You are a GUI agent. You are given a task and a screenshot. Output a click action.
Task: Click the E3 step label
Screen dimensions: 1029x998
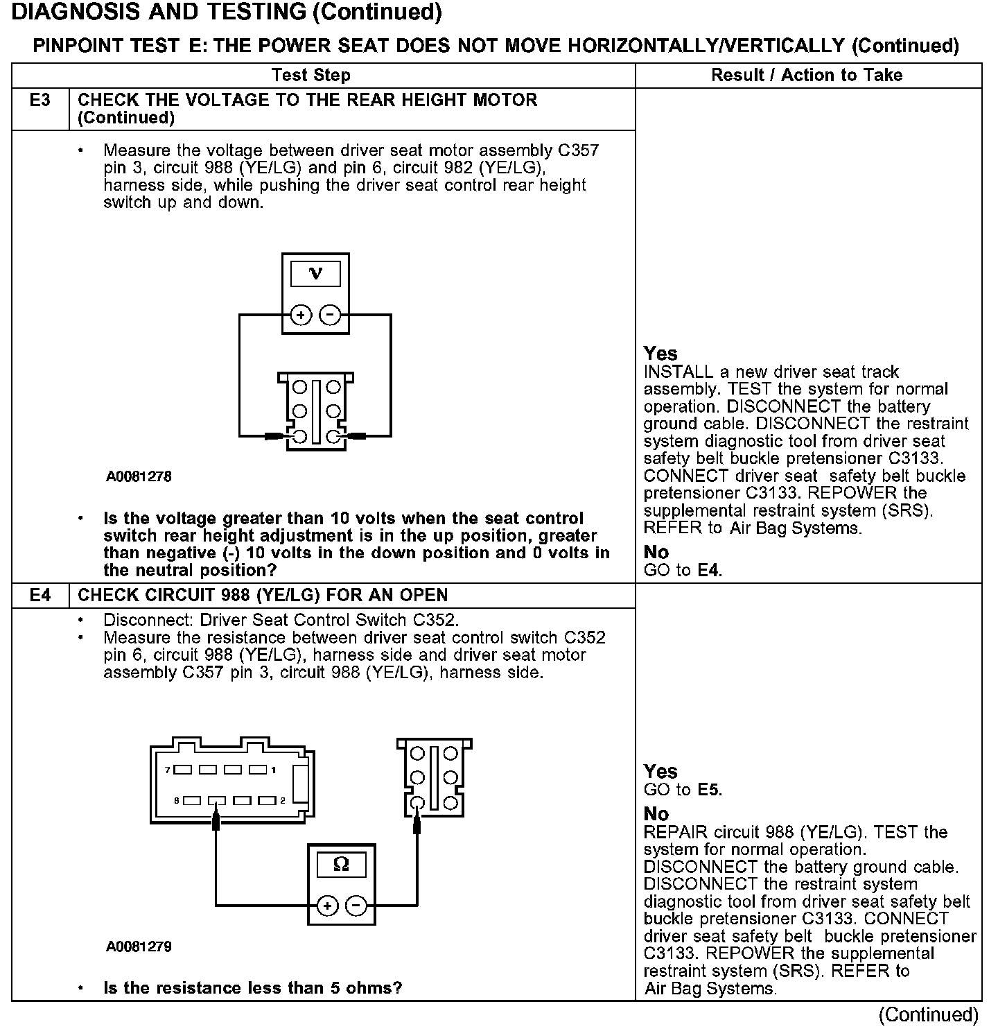(40, 101)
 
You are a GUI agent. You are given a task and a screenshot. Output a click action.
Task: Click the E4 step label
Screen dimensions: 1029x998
(40, 596)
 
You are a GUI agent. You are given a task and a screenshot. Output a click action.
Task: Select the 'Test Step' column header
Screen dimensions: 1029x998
(311, 76)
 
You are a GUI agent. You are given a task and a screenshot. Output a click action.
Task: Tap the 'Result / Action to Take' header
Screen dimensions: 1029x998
(807, 76)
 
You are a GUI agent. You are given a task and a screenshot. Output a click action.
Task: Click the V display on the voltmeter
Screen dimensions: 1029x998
(315, 274)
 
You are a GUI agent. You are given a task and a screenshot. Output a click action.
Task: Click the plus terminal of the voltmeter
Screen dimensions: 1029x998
(300, 315)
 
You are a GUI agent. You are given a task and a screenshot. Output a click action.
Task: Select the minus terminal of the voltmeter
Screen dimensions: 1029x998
(330, 315)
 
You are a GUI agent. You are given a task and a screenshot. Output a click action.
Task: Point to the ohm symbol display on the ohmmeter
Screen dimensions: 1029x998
(341, 864)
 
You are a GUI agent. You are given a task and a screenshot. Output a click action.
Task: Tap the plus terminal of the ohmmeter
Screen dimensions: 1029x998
(327, 906)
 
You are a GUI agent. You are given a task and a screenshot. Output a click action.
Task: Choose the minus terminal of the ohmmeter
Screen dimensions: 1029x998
(356, 906)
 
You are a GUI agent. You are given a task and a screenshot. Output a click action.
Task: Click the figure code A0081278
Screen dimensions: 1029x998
(139, 477)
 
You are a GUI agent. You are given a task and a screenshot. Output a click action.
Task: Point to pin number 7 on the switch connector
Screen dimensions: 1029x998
(167, 770)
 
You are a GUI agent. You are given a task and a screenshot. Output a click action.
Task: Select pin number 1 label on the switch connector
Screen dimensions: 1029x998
(274, 770)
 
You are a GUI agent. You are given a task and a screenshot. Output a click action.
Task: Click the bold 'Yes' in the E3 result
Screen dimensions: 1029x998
(660, 354)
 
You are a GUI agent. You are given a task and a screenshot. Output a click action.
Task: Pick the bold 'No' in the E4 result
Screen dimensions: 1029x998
(656, 814)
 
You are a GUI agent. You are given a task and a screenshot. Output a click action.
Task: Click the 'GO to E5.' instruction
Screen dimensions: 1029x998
(683, 790)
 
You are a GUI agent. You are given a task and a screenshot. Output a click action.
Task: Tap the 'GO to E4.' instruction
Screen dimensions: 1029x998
(683, 571)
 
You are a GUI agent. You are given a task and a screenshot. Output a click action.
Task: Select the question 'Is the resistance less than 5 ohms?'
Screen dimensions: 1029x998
(252, 988)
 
